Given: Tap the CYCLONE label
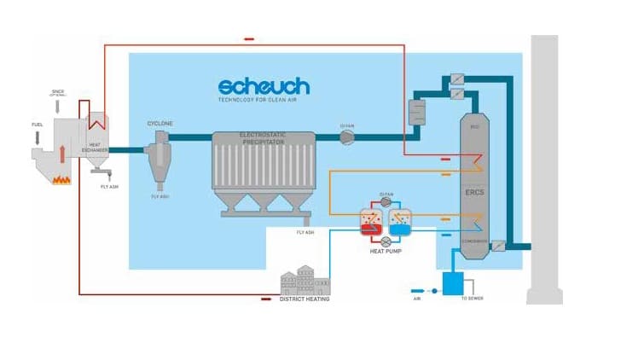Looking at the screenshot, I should [160, 124].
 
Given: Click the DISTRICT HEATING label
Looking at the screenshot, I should [305, 299].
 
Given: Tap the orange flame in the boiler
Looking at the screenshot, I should [61, 179].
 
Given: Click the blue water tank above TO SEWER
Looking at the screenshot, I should [452, 283].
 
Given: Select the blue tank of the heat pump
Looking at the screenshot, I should [400, 223].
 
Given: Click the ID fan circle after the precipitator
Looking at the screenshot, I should [346, 137].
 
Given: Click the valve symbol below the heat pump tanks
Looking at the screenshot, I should [386, 241].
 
